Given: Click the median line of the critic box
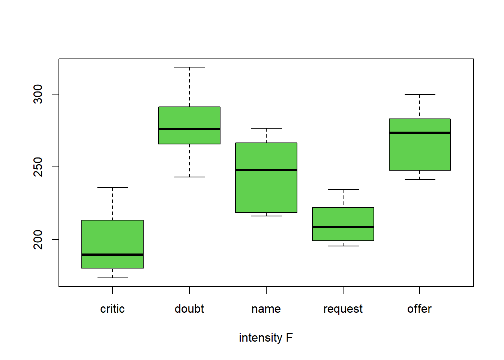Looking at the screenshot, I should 112,255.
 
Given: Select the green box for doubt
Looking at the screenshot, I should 189,118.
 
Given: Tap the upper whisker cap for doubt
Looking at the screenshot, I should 189,67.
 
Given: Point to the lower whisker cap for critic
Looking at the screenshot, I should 112,278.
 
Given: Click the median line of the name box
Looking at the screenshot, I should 266,170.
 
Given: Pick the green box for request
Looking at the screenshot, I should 343,217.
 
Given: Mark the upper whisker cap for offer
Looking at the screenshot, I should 420,94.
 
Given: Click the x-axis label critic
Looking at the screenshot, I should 112,309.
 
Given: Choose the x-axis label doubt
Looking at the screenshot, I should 189,309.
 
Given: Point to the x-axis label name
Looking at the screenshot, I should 266,309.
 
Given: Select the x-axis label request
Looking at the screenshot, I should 343,309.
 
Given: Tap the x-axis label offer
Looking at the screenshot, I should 420,309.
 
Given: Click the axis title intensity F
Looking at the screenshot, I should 266,338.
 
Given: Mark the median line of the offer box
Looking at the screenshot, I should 420,133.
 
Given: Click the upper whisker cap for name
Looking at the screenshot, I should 266,128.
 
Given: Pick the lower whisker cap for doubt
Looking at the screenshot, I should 189,177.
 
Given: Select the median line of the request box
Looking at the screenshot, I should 343,227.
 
